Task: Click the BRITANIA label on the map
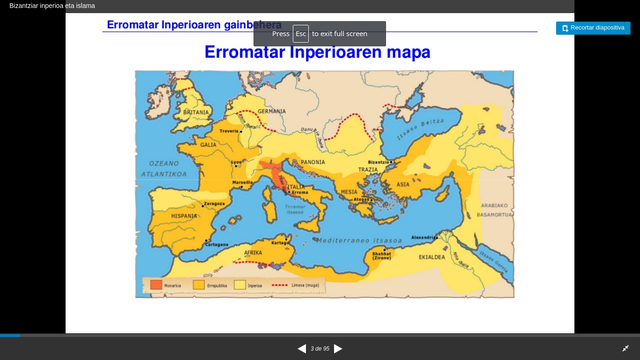pyautogui.click(x=196, y=112)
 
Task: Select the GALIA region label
pyautogui.click(x=208, y=144)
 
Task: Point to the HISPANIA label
pyautogui.click(x=183, y=216)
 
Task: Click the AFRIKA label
pyautogui.click(x=254, y=253)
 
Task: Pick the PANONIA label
pyautogui.click(x=313, y=161)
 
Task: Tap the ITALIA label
pyautogui.click(x=296, y=185)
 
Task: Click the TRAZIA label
pyautogui.click(x=369, y=169)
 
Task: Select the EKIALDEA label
pyautogui.click(x=431, y=256)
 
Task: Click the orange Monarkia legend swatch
pyautogui.click(x=156, y=285)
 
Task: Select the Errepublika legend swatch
pyautogui.click(x=201, y=285)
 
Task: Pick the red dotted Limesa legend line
pyautogui.click(x=273, y=285)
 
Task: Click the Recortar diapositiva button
pyautogui.click(x=593, y=28)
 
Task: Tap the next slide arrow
pyautogui.click(x=338, y=348)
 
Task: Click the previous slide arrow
pyautogui.click(x=302, y=348)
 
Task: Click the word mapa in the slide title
pyautogui.click(x=404, y=53)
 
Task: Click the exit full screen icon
pyautogui.click(x=625, y=348)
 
